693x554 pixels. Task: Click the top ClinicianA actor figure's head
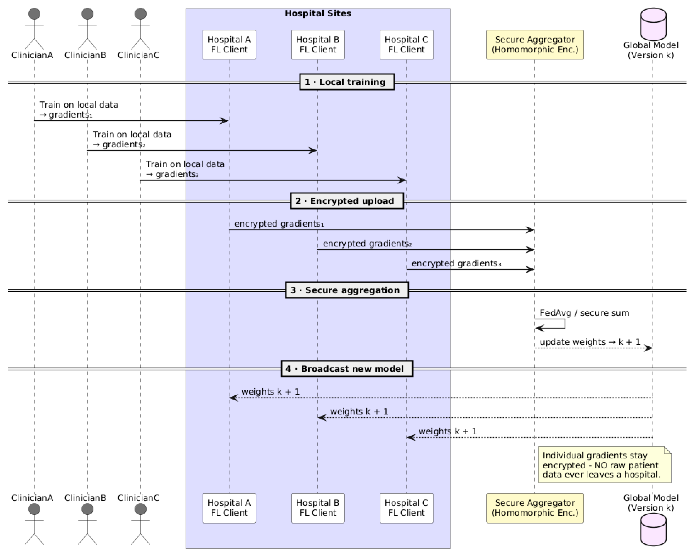tap(34, 14)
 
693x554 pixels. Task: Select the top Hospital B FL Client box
tap(318, 45)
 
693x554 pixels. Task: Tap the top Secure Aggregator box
tap(534, 45)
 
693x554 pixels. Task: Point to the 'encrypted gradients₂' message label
tap(367, 244)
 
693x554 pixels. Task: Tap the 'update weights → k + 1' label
tap(590, 342)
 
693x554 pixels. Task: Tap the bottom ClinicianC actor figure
tap(140, 524)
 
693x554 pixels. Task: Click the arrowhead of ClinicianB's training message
tap(313, 150)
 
